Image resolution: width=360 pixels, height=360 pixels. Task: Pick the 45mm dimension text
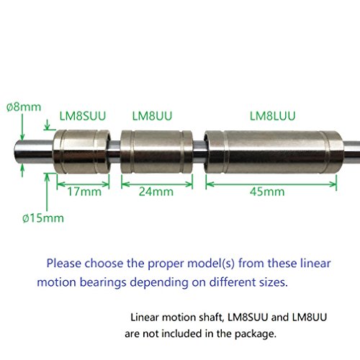click(x=271, y=192)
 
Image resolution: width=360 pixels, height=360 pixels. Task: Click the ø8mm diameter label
click(x=19, y=106)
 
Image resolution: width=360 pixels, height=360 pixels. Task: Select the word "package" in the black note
click(x=251, y=333)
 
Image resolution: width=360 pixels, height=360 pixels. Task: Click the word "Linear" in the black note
click(x=145, y=317)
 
